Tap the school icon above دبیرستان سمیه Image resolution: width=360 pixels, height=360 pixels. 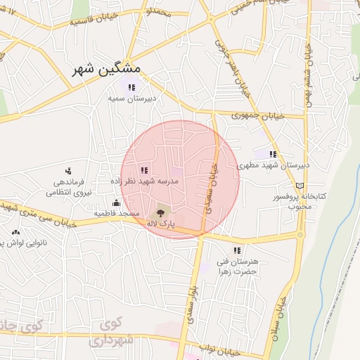(131, 87)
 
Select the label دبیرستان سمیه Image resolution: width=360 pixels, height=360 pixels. (131, 99)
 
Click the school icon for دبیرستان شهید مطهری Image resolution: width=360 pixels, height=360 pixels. (273, 154)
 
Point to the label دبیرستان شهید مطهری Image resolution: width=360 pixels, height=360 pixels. (274, 166)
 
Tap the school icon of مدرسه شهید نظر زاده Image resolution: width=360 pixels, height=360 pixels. (144, 169)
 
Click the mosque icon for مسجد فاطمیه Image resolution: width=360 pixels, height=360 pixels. (116, 202)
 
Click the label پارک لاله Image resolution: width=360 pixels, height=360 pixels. (161, 223)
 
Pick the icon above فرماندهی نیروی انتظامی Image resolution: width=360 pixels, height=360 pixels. (68, 170)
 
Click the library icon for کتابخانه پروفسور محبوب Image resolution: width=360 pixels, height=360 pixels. (301, 184)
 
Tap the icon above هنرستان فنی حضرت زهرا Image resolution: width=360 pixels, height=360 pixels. (237, 250)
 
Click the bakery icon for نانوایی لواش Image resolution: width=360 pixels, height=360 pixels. (15, 231)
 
